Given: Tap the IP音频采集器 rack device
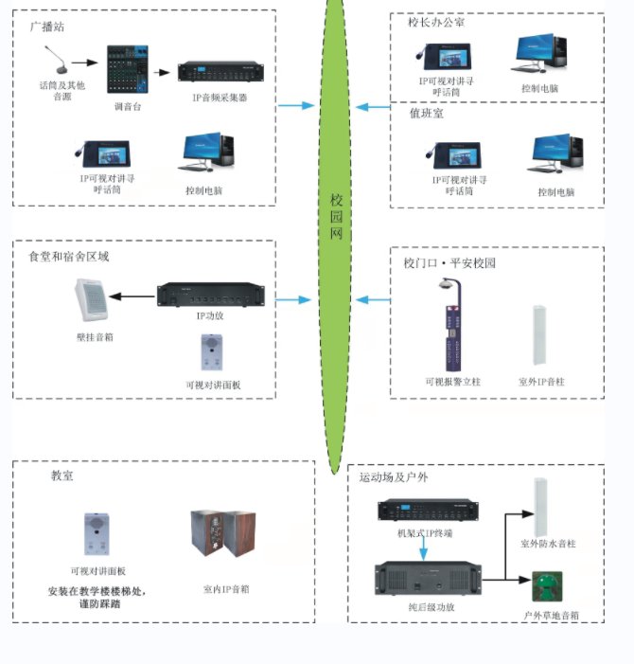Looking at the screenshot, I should pos(220,73).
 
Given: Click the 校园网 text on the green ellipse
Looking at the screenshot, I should pos(336,217).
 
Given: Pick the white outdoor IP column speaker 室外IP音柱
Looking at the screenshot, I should pos(538,337).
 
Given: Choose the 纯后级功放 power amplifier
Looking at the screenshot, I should pos(427,579).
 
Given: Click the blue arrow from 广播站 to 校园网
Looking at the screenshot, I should pos(295,105).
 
